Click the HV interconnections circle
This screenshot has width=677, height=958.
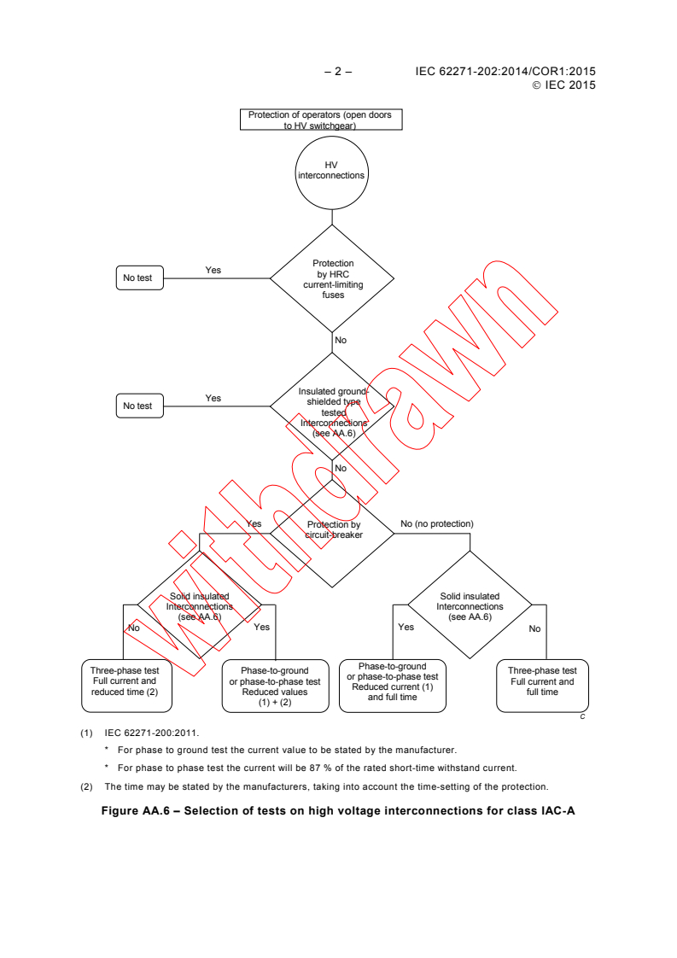point(331,170)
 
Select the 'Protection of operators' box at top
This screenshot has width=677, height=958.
point(320,120)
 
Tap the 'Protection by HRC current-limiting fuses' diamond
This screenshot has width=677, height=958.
point(332,278)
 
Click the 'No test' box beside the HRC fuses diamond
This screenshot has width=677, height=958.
point(138,277)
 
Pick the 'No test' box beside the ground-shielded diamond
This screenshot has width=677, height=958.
point(138,406)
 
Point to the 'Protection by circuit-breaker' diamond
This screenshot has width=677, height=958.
point(333,531)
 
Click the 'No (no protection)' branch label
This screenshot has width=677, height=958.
point(436,523)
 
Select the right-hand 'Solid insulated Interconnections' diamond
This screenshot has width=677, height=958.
point(470,605)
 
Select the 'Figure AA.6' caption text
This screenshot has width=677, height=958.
point(338,811)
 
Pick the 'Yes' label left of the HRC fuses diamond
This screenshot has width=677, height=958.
point(213,271)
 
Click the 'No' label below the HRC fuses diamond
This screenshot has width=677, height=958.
point(341,341)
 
